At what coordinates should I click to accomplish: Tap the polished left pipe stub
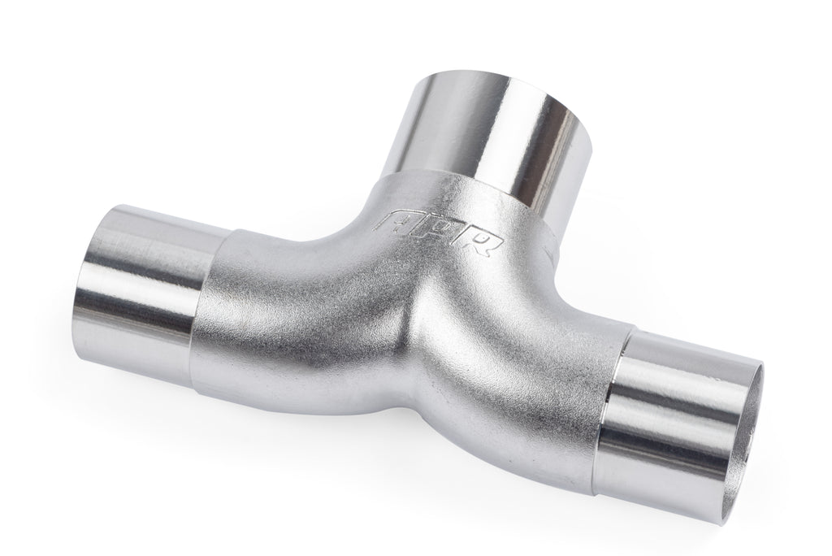[x=146, y=272]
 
